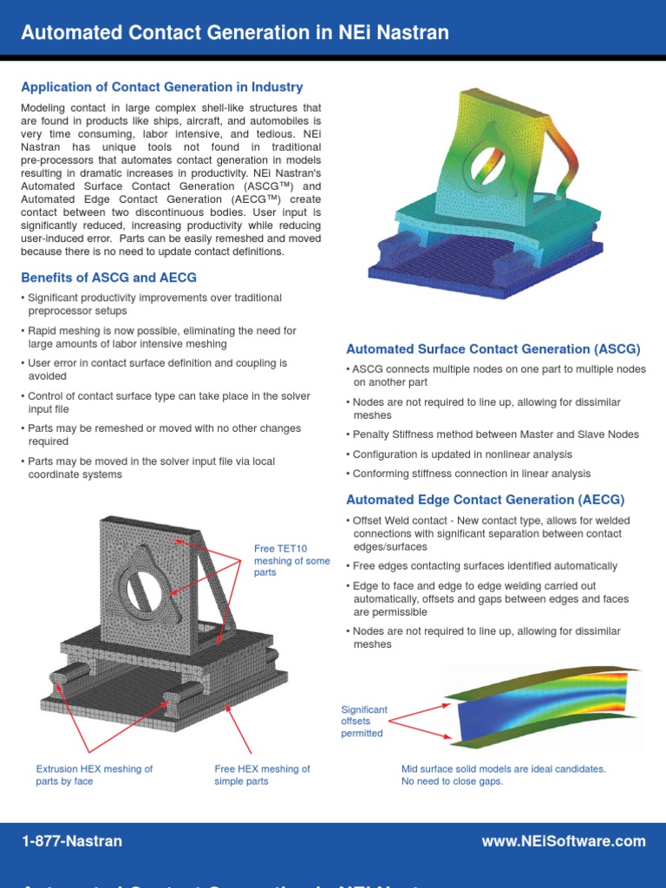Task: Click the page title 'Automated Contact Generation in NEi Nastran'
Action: pyautogui.click(x=235, y=33)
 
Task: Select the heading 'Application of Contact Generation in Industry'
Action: pyautogui.click(x=162, y=87)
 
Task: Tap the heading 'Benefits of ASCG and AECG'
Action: pyautogui.click(x=108, y=277)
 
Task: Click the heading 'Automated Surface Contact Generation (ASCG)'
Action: pyautogui.click(x=493, y=349)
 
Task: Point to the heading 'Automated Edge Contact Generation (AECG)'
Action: pyautogui.click(x=485, y=499)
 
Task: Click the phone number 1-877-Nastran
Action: pyautogui.click(x=72, y=841)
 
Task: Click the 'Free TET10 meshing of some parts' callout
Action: pyautogui.click(x=291, y=560)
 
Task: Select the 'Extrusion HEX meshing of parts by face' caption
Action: pyautogui.click(x=94, y=774)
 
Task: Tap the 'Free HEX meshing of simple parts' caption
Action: pyautogui.click(x=262, y=774)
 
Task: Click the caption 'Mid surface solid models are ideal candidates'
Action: pyautogui.click(x=503, y=768)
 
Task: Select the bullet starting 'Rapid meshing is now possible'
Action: pyautogui.click(x=161, y=336)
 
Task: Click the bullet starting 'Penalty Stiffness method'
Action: pyautogui.click(x=492, y=434)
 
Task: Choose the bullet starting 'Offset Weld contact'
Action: pyautogui.click(x=491, y=533)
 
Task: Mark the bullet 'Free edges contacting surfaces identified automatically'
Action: pyautogui.click(x=485, y=566)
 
